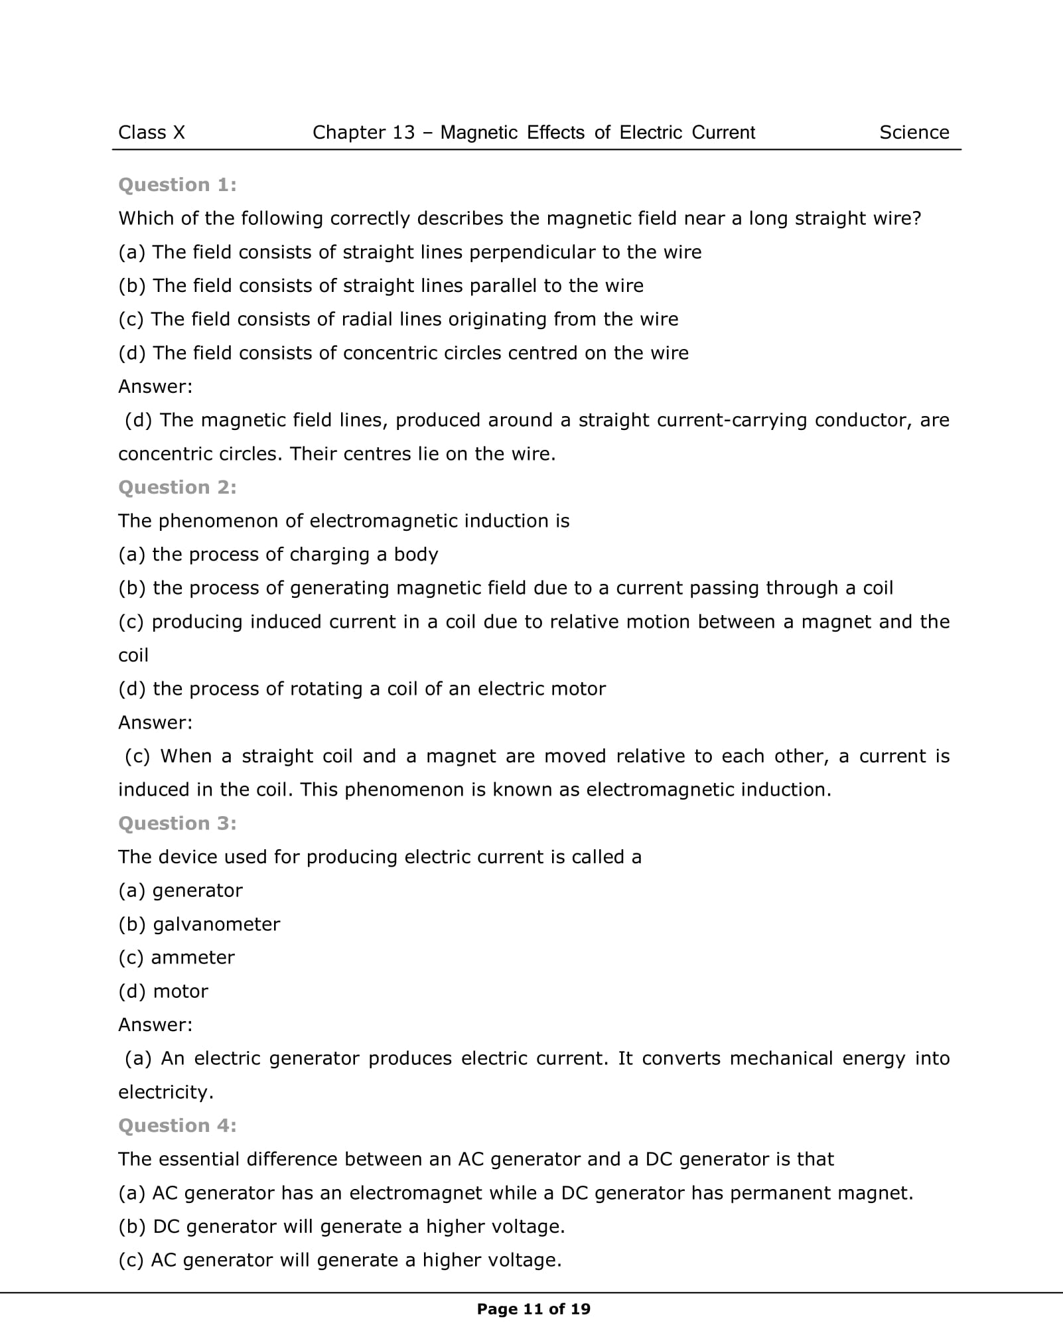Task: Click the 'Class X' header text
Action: pyautogui.click(x=151, y=133)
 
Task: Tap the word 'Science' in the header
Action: pyautogui.click(x=914, y=133)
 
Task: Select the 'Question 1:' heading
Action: pyautogui.click(x=177, y=185)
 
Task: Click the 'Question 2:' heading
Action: pyautogui.click(x=177, y=488)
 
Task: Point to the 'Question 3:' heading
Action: pyautogui.click(x=177, y=823)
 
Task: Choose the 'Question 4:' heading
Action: pyautogui.click(x=177, y=1126)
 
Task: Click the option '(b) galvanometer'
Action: pyautogui.click(x=199, y=924)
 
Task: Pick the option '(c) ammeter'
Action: pyautogui.click(x=177, y=957)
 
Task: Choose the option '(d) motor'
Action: pyautogui.click(x=163, y=991)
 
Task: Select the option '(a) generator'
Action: pyautogui.click(x=180, y=890)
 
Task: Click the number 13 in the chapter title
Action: pyautogui.click(x=403, y=133)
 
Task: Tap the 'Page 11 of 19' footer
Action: pyautogui.click(x=533, y=1309)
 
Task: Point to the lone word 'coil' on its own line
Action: pyautogui.click(x=133, y=656)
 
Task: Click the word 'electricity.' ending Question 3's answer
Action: pyautogui.click(x=166, y=1092)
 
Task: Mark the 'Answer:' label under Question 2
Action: pyautogui.click(x=155, y=723)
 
